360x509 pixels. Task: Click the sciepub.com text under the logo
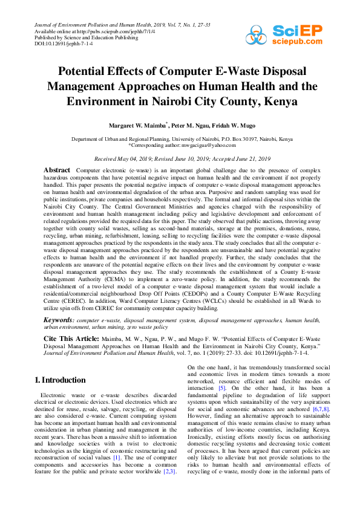(x=298, y=42)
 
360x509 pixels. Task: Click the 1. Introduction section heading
(x=60, y=380)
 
